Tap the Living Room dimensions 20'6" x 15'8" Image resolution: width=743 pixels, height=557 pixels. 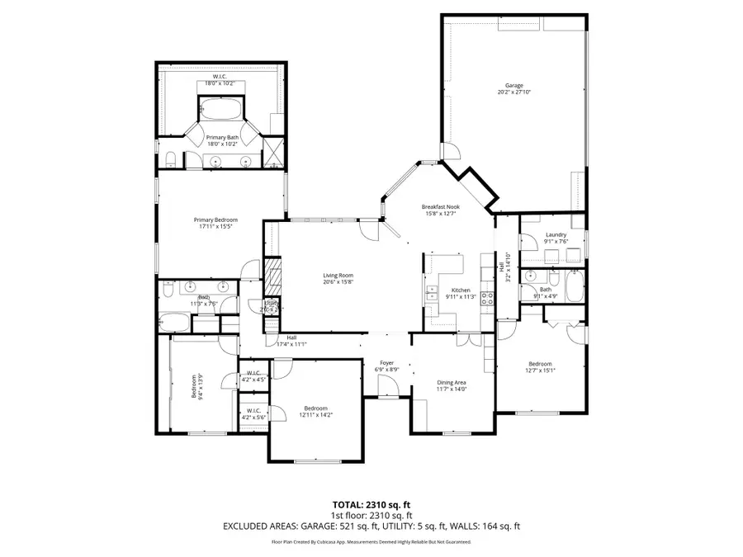pyautogui.click(x=338, y=282)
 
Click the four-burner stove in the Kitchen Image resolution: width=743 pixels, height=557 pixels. pyautogui.click(x=487, y=299)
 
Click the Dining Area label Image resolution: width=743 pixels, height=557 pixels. pyautogui.click(x=452, y=383)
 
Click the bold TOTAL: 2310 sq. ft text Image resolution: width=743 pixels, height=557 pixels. pyautogui.click(x=371, y=503)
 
